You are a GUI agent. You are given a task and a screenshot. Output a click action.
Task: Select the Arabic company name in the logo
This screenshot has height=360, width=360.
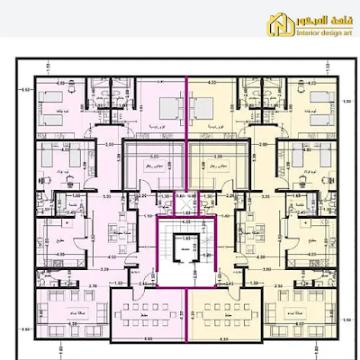click(x=315, y=20)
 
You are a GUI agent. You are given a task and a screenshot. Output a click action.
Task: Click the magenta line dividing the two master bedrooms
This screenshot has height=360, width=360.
click(x=186, y=108)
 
